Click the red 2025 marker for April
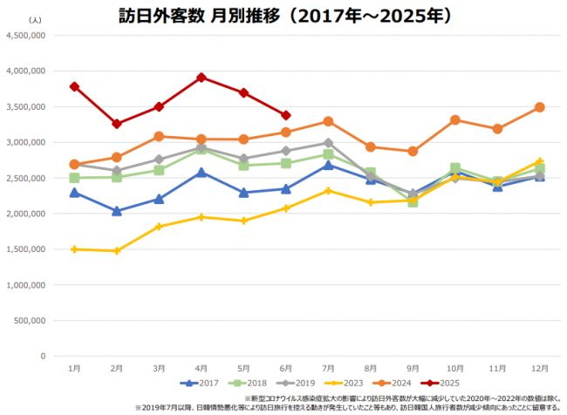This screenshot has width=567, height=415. click(x=202, y=78)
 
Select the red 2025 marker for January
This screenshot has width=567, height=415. click(x=75, y=86)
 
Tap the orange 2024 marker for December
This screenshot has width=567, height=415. click(x=540, y=107)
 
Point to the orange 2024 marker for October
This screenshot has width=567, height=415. click(x=455, y=119)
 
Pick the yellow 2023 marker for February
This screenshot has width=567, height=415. click(x=117, y=251)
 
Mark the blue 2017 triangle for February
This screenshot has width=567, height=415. click(x=117, y=211)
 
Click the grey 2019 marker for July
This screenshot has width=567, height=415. click(x=328, y=143)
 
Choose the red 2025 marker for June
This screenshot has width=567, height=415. click(x=286, y=115)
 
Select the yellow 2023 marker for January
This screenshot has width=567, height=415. click(x=75, y=249)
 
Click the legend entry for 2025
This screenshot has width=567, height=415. click(x=441, y=384)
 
